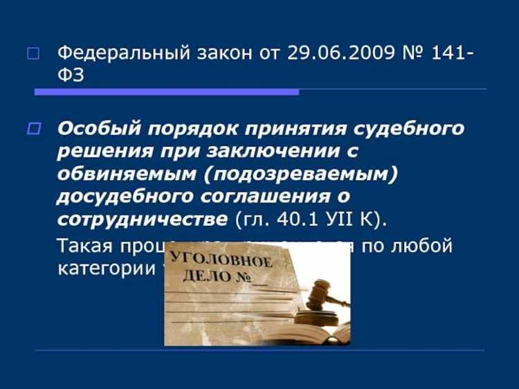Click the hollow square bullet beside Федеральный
(33, 54)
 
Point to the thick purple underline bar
(167, 91)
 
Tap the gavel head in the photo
(318, 291)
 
